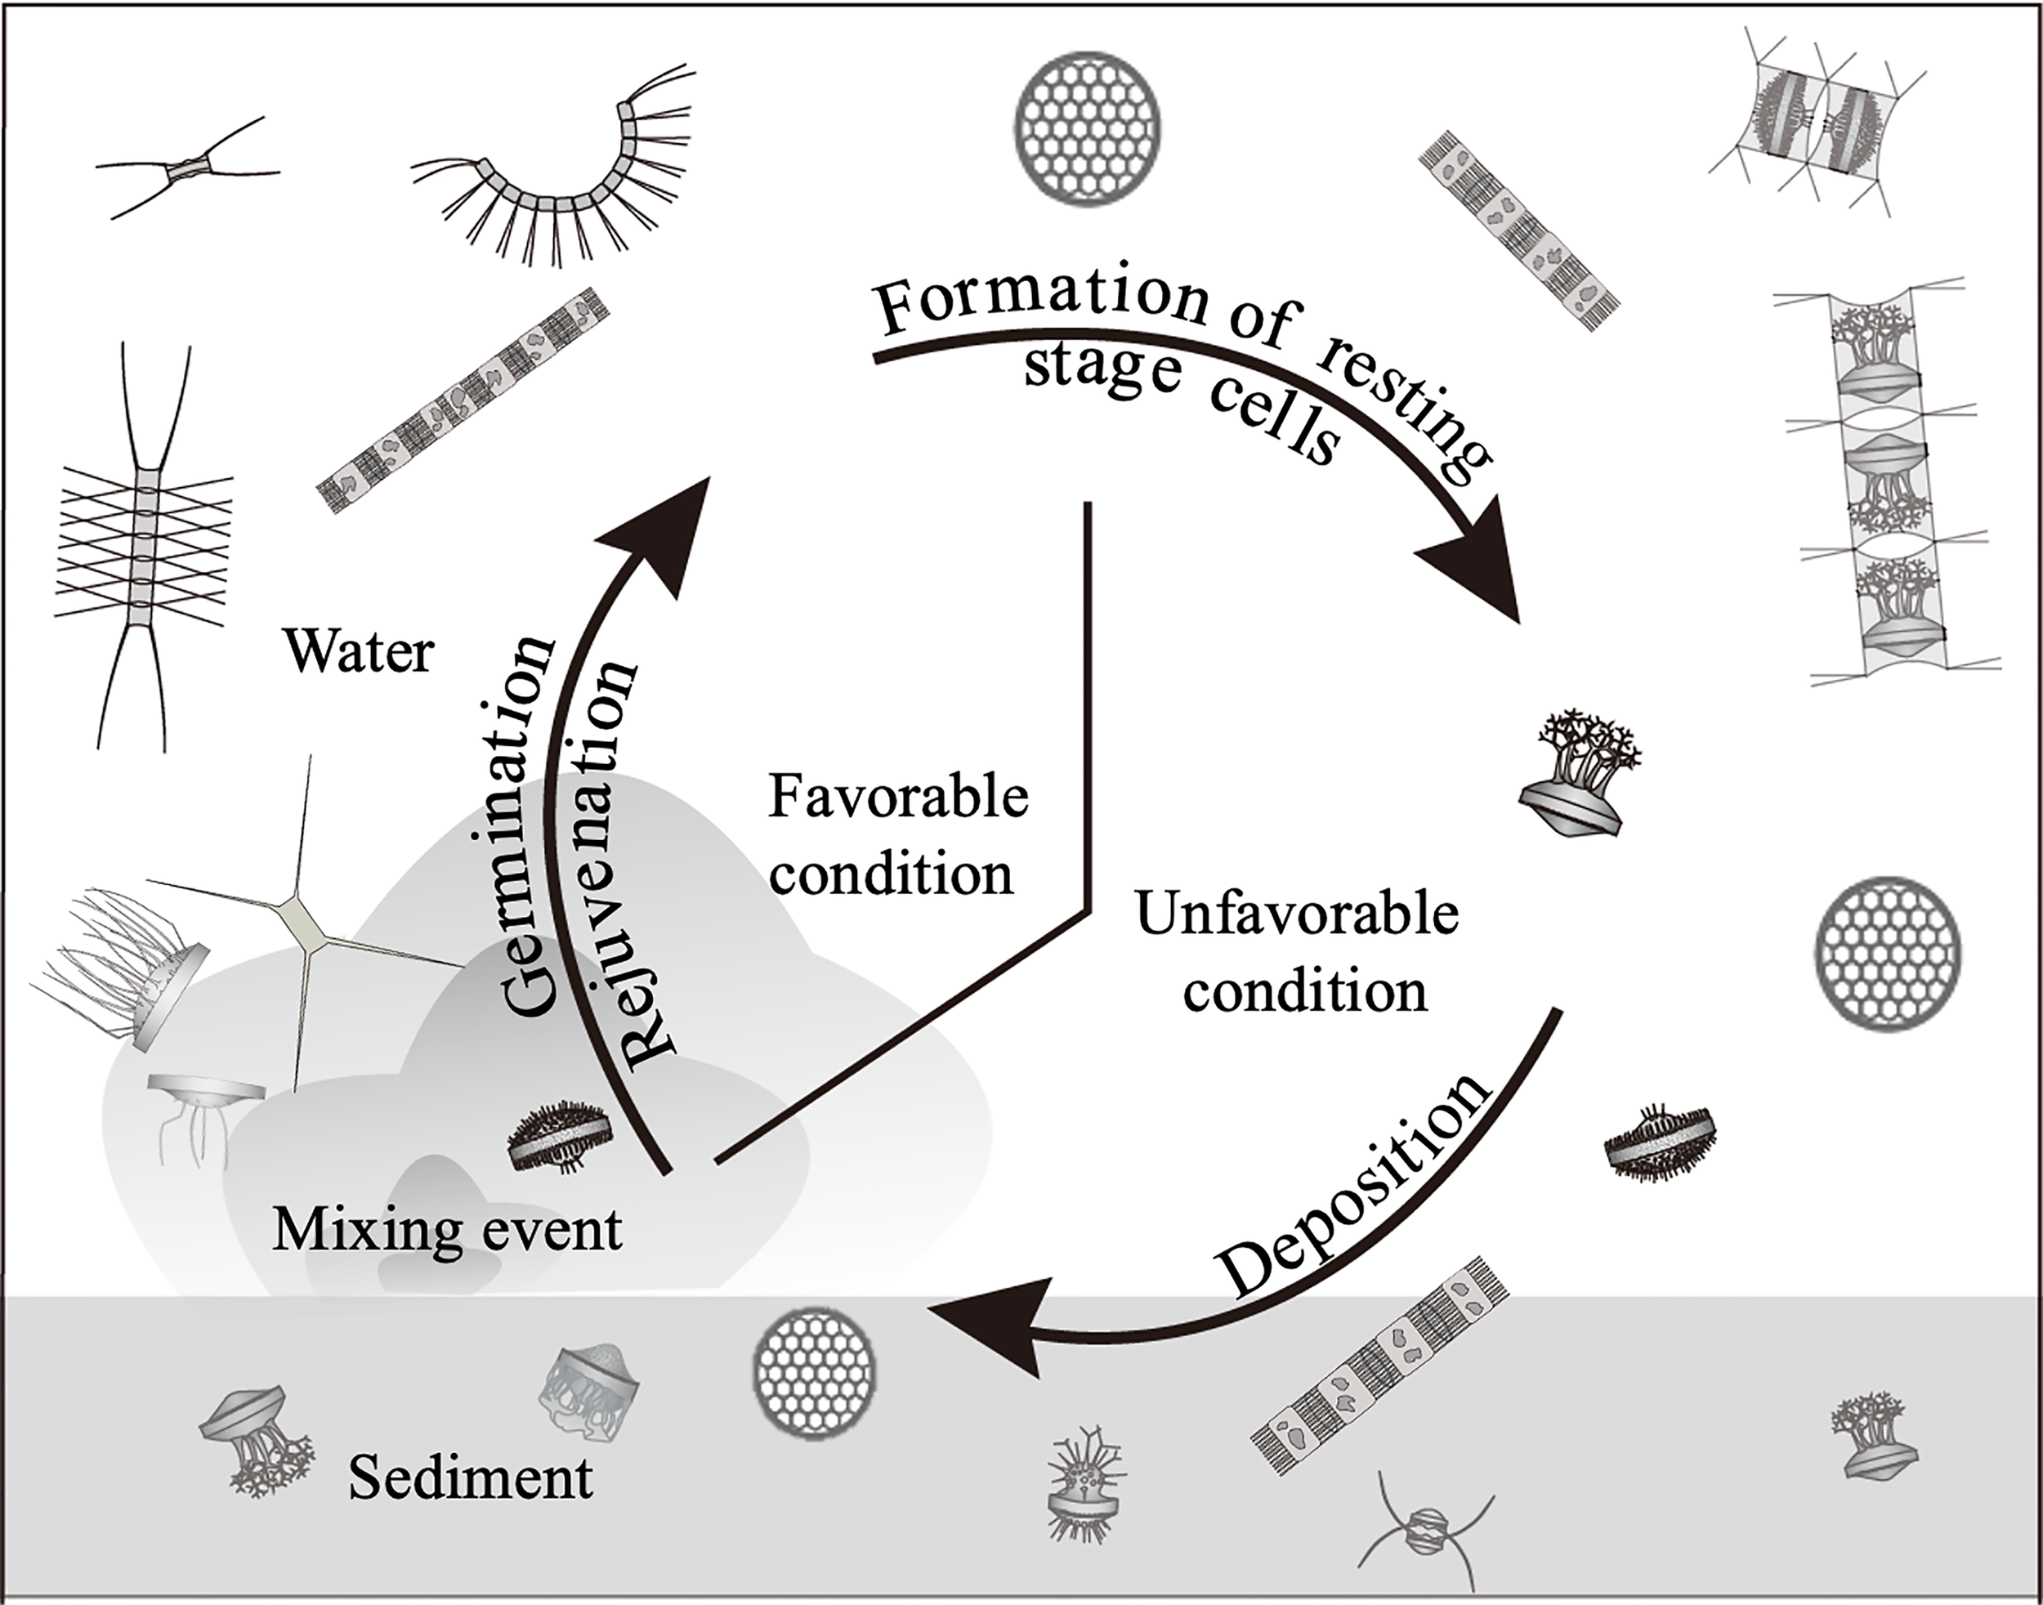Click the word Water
[360, 651]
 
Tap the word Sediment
[470, 1478]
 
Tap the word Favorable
[898, 798]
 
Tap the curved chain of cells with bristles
[554, 178]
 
